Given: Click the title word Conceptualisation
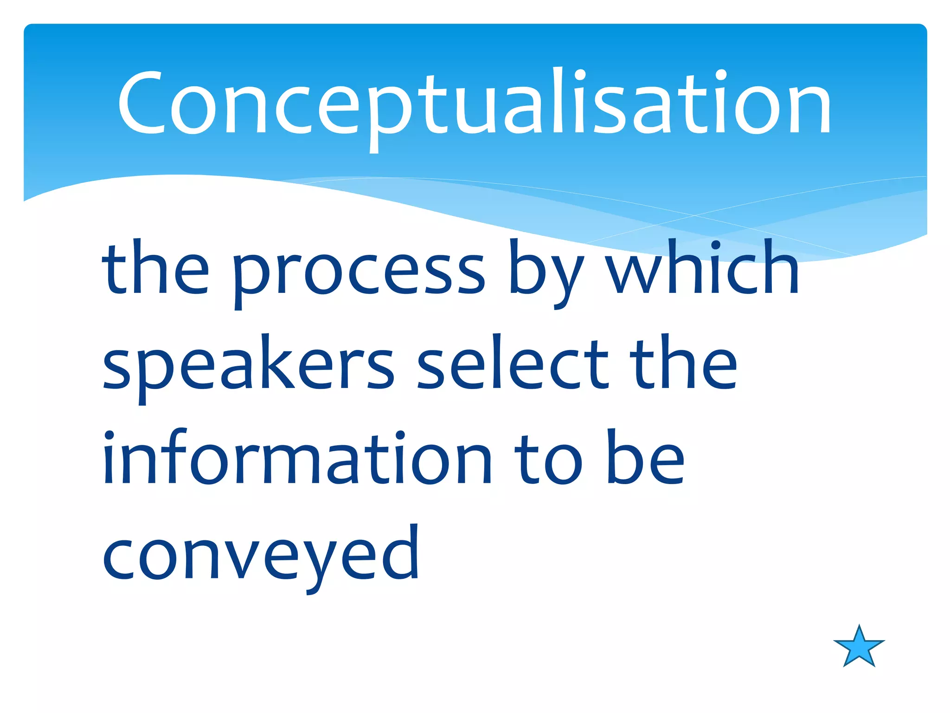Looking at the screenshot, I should click(x=474, y=104).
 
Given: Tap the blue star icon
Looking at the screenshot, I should click(x=859, y=647).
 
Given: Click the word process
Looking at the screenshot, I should click(x=359, y=274).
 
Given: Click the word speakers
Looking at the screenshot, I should click(x=248, y=367).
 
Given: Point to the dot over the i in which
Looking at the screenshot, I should click(x=716, y=245).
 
